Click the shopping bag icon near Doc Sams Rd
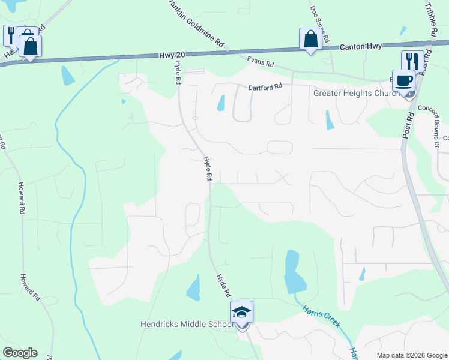[x=310, y=39]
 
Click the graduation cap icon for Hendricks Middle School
[x=241, y=312]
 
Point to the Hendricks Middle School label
[x=187, y=325]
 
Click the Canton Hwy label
[x=361, y=46]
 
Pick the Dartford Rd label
[x=265, y=86]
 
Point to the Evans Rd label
[x=261, y=61]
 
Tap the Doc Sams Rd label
[x=319, y=24]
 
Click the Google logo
[x=20, y=353]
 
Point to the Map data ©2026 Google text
[x=412, y=355]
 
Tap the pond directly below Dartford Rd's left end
[x=220, y=103]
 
